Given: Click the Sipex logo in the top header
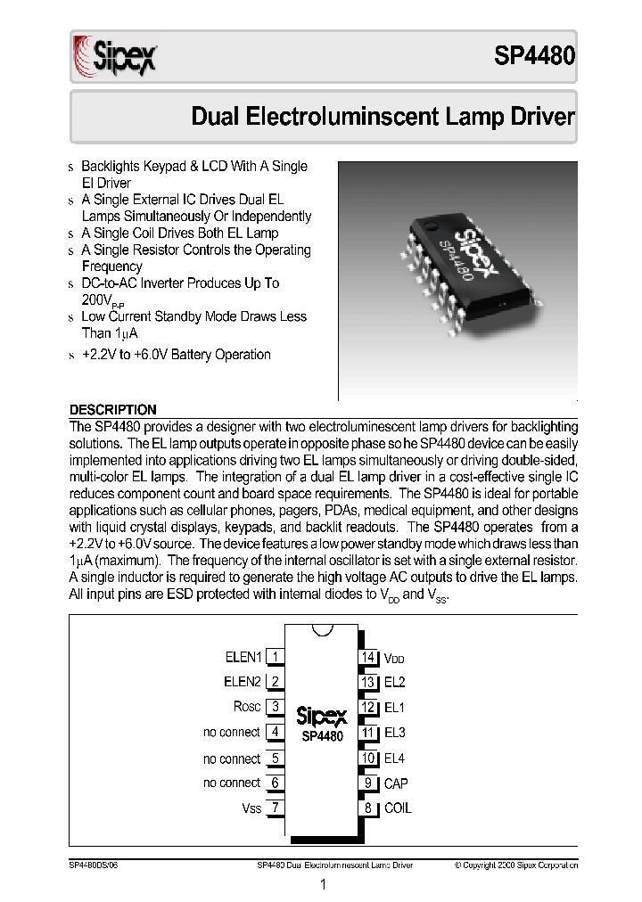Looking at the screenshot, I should click(x=113, y=57).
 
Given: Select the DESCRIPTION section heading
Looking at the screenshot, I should click(x=113, y=409).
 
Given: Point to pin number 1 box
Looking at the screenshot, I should click(x=276, y=657).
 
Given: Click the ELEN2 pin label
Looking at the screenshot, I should click(x=243, y=682).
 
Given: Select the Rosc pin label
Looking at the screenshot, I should click(x=247, y=707).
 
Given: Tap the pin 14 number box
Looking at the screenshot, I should click(x=367, y=657).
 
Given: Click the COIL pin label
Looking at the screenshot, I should click(x=398, y=808).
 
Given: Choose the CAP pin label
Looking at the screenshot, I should click(x=396, y=783).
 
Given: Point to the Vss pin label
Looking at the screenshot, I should click(x=251, y=808).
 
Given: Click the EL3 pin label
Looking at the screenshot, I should click(x=394, y=733).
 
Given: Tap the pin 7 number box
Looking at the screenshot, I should click(x=276, y=808).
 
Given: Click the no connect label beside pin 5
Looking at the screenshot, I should click(x=232, y=758).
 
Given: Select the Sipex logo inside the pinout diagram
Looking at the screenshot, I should click(x=321, y=716).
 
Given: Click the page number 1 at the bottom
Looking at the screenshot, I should click(x=322, y=884).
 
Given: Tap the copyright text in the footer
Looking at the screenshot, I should click(x=516, y=865).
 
